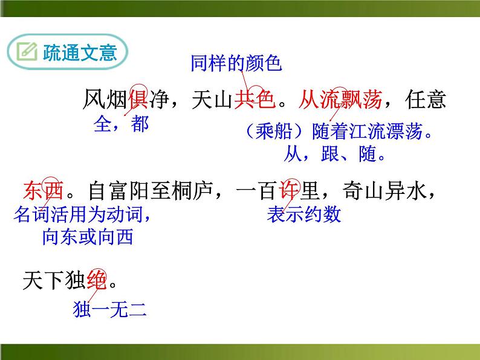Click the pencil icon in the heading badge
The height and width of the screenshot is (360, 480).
[28, 53]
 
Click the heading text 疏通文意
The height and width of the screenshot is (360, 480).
[79, 53]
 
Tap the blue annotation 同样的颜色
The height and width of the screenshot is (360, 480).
[236, 63]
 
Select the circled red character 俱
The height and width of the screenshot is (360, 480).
[137, 99]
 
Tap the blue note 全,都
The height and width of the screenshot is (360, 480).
[121, 124]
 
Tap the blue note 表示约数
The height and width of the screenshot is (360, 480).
[303, 214]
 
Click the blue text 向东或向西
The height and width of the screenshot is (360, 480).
[88, 237]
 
